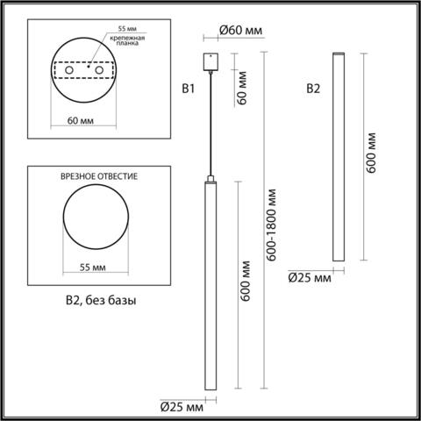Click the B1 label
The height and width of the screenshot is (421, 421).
(187, 88)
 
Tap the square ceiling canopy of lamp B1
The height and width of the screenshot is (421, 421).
(210, 63)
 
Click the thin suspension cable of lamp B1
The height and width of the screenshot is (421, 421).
(210, 123)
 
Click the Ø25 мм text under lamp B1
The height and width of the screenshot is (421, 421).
(182, 407)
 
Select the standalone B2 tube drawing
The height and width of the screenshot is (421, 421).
(338, 158)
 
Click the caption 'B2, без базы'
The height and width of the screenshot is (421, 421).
(102, 300)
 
